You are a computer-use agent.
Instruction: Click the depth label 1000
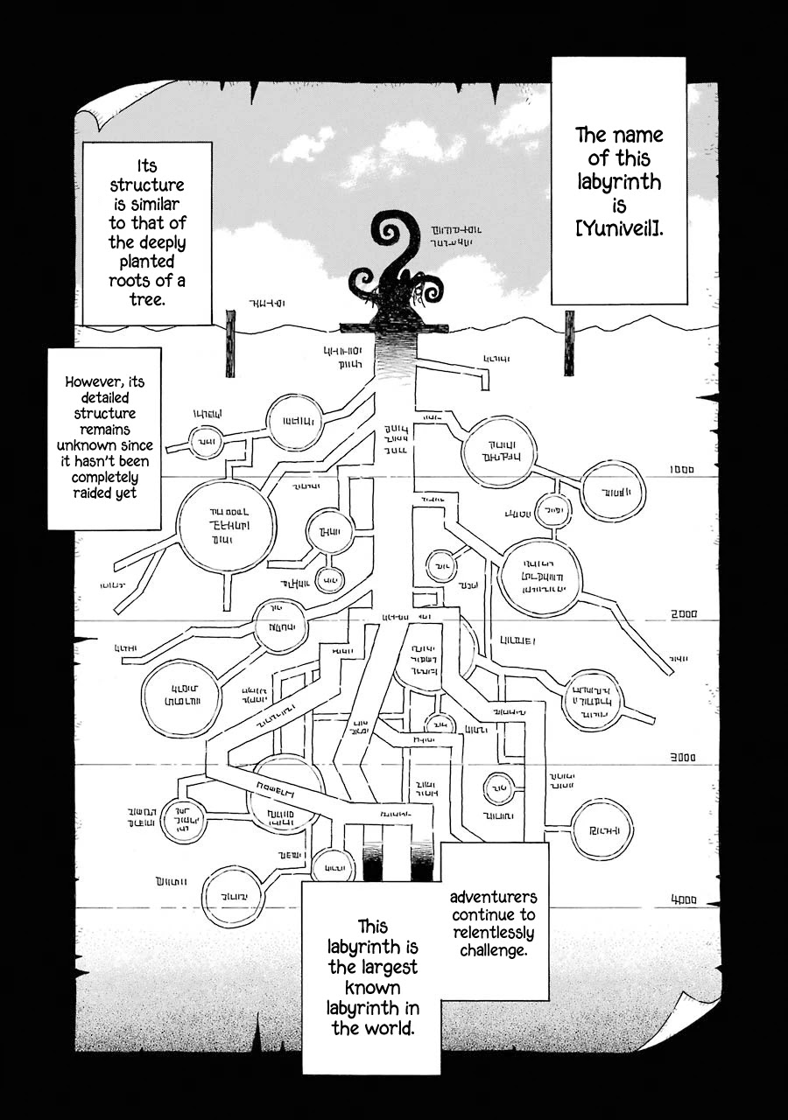681,470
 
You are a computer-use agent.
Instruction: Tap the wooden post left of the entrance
231,344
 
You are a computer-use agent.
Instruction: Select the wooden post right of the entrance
569,343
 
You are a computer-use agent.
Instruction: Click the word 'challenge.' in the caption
493,950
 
